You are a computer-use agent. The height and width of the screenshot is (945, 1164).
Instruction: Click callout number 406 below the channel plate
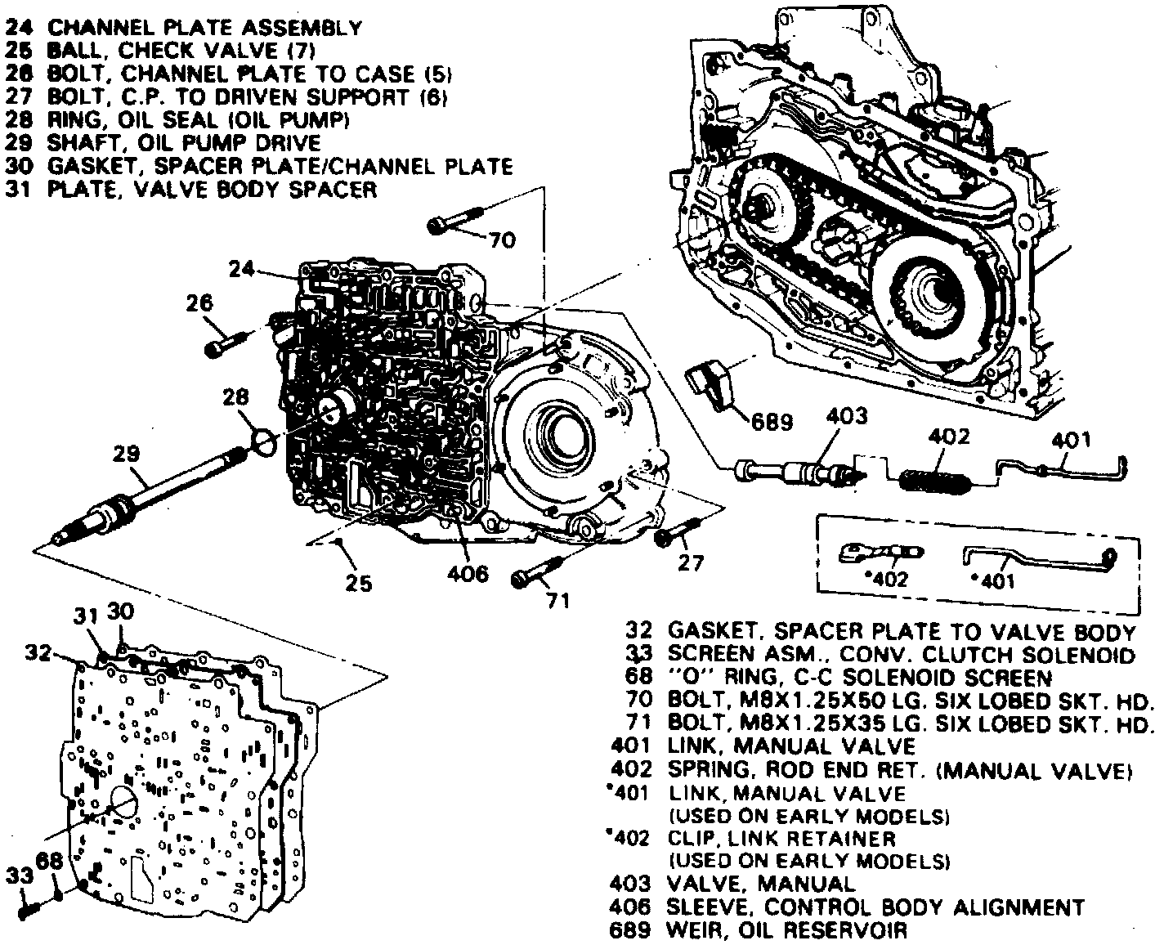468,574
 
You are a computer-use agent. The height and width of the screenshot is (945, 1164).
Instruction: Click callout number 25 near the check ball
359,583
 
